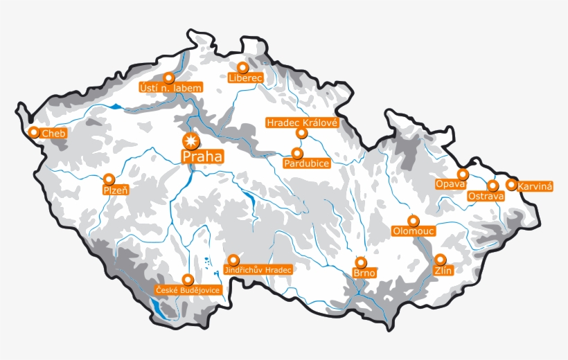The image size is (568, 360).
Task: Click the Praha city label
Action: (x=203, y=157)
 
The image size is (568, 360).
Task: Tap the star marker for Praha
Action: (x=190, y=141)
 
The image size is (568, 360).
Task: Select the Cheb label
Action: (x=53, y=133)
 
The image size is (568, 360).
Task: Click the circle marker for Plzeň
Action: (x=109, y=179)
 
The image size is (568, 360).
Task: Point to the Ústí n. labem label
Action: (x=170, y=88)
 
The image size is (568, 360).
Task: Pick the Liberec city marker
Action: (x=242, y=68)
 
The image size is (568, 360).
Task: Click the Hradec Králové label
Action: (x=301, y=123)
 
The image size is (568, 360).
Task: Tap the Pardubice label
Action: (x=306, y=163)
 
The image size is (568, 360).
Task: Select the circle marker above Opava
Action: (x=462, y=174)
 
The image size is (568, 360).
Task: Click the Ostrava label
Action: (x=486, y=197)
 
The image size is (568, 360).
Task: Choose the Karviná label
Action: (x=535, y=187)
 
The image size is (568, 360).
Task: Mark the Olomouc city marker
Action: (x=414, y=221)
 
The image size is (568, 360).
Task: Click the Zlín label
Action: (x=443, y=271)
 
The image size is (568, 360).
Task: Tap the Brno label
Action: (x=364, y=273)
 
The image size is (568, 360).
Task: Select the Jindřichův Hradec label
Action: (x=259, y=269)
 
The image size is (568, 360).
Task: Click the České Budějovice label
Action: (x=188, y=290)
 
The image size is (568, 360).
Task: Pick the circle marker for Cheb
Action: (x=33, y=132)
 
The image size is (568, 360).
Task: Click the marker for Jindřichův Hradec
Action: (x=233, y=259)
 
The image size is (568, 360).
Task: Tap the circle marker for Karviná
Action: (x=511, y=185)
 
